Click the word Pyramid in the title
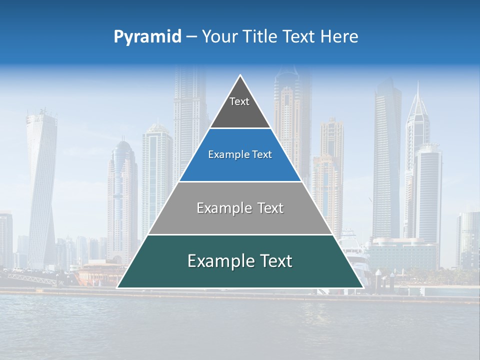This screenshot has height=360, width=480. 147,37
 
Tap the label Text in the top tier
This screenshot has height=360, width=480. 239,101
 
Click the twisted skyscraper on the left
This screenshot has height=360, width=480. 41,185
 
